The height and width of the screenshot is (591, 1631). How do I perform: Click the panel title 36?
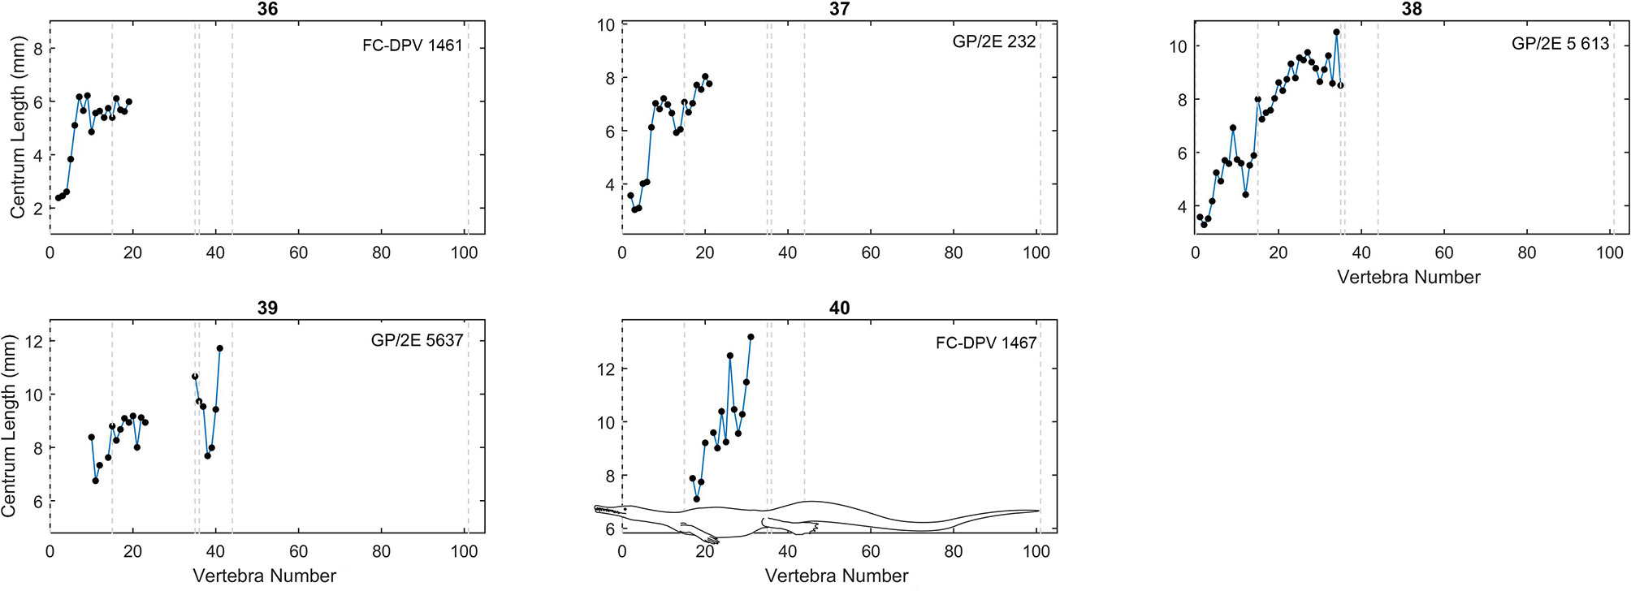pyautogui.click(x=266, y=9)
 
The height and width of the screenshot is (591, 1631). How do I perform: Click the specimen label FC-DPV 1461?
pyautogui.click(x=412, y=45)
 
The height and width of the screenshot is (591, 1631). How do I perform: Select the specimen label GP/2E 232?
pyautogui.click(x=993, y=41)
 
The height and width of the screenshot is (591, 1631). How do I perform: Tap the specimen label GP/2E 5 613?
pyautogui.click(x=1560, y=44)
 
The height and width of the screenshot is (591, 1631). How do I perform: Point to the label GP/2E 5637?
pyautogui.click(x=417, y=340)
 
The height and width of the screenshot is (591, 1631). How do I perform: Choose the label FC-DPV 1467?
pyautogui.click(x=985, y=343)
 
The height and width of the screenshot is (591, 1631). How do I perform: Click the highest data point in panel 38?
pyautogui.click(x=1336, y=32)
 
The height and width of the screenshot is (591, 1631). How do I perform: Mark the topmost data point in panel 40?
pyautogui.click(x=751, y=337)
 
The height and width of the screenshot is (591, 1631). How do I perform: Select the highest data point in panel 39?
pyautogui.click(x=219, y=348)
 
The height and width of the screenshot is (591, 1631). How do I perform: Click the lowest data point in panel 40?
pyautogui.click(x=697, y=499)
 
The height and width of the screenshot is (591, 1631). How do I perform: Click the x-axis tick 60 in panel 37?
pyautogui.click(x=870, y=253)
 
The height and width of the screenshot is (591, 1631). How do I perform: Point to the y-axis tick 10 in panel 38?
pyautogui.click(x=1178, y=46)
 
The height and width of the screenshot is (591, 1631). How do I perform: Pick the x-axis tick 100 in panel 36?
pyautogui.click(x=464, y=253)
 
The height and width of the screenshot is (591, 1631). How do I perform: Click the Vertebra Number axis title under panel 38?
pyautogui.click(x=1408, y=278)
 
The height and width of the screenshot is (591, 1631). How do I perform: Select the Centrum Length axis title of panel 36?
pyautogui.click(x=17, y=128)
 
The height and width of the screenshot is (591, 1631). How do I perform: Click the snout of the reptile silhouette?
pyautogui.click(x=598, y=510)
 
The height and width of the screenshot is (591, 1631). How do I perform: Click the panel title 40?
pyautogui.click(x=839, y=308)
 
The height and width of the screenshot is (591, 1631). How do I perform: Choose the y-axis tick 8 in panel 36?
pyautogui.click(x=37, y=49)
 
